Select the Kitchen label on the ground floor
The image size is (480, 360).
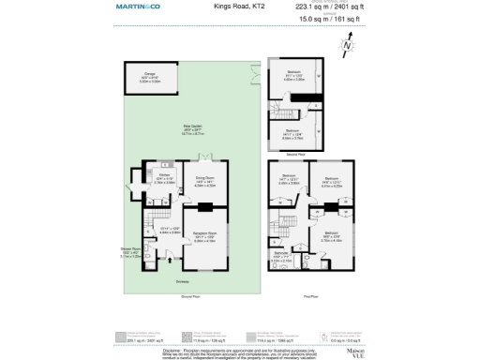(x=161, y=175)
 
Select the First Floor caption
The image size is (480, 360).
(x=311, y=293)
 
